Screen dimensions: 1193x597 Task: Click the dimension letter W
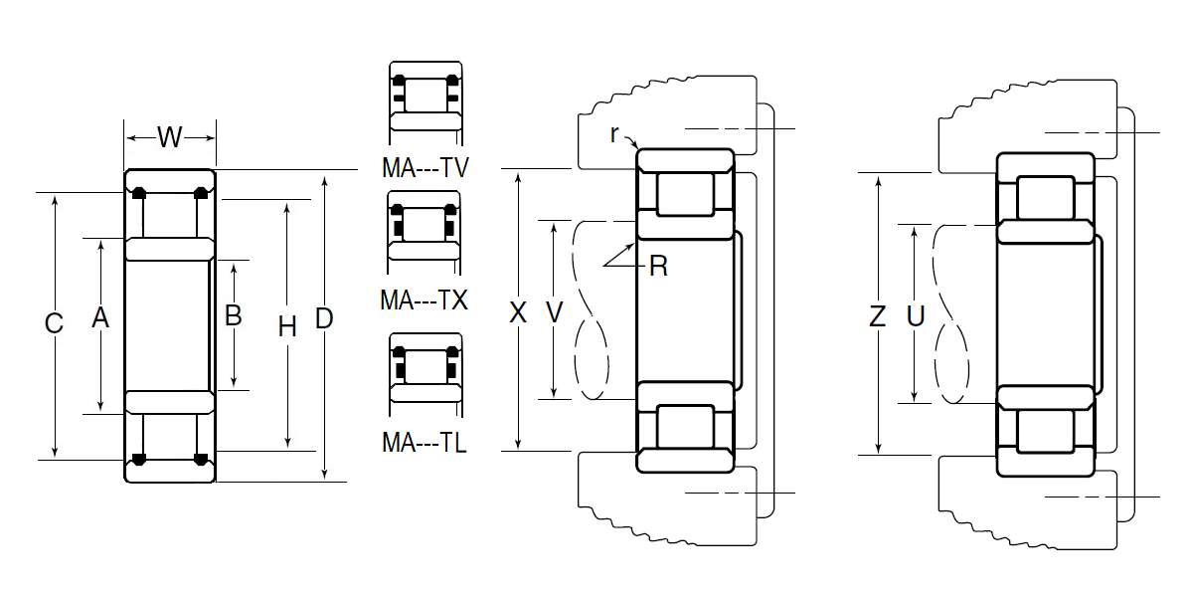(x=170, y=137)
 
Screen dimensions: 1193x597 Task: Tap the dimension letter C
(x=54, y=323)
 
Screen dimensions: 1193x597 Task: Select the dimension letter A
(x=100, y=318)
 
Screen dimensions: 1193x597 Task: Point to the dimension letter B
(x=234, y=315)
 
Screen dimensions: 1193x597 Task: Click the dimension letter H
(x=287, y=326)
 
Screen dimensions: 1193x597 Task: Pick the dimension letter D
(x=324, y=318)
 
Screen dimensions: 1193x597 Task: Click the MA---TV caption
(x=426, y=168)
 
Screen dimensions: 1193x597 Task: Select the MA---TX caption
(x=424, y=300)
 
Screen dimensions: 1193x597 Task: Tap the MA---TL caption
(x=424, y=443)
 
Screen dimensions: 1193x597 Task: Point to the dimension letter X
(x=518, y=312)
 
